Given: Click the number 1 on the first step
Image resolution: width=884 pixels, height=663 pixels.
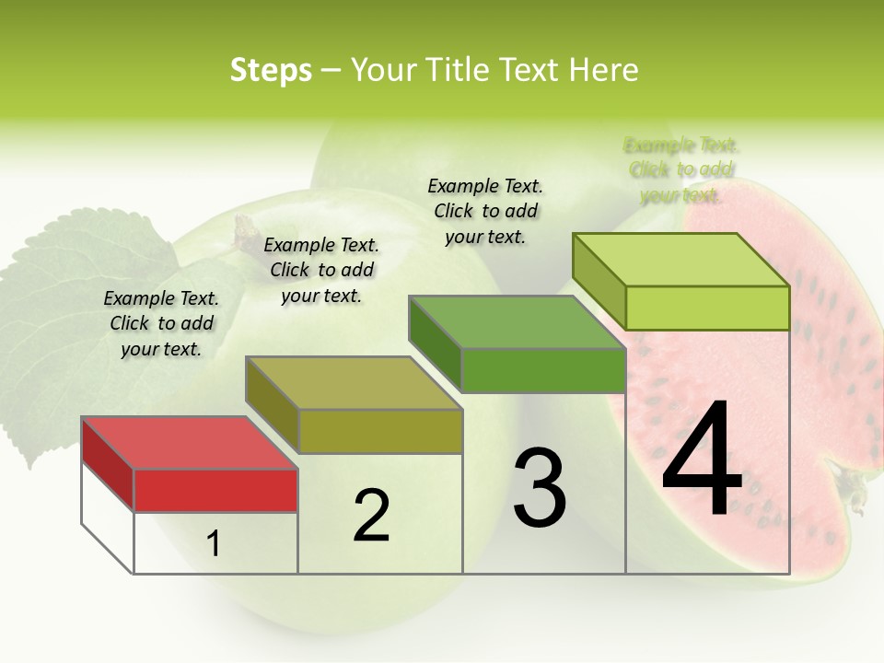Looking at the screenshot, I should point(214,544).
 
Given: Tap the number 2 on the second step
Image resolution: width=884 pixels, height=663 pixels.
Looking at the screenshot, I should point(371,516).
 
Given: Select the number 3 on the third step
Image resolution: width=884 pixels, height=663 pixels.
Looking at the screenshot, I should point(539,487).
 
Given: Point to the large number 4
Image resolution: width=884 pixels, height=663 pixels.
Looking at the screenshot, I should point(703,459).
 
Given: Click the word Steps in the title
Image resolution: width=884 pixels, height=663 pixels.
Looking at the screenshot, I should point(271,70).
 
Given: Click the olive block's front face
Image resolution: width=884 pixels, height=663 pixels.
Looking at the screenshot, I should point(380,431).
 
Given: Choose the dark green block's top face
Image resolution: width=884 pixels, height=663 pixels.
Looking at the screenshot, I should point(516,322).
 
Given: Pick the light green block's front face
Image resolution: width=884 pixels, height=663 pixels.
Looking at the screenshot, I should point(707,308).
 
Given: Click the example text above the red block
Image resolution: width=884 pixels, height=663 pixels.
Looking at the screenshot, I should point(161,323).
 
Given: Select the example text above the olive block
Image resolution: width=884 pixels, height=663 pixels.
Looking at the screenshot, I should point(321,270).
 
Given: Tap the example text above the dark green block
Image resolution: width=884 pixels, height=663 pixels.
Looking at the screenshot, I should point(485,211).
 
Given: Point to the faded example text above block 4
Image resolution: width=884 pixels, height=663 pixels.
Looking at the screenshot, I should point(681,169).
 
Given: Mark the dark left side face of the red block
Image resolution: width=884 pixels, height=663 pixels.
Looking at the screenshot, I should point(108,465).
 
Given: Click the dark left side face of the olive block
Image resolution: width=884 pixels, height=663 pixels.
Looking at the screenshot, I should point(273,405).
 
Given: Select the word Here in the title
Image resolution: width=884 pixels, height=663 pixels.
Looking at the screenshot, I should point(605,70).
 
